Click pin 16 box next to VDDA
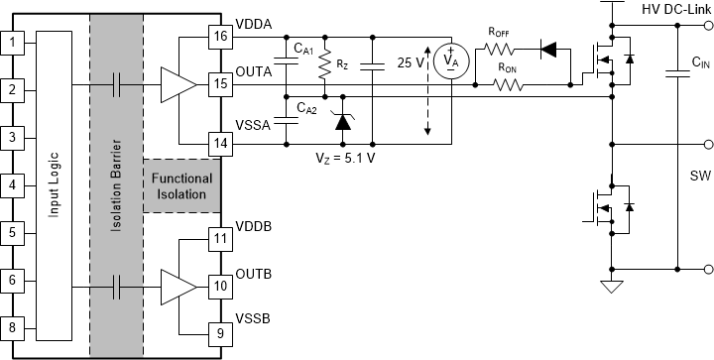(219, 38)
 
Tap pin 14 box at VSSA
(219, 143)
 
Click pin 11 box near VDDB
(219, 237)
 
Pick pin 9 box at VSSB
(219, 332)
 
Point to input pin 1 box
(12, 43)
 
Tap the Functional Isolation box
(179, 185)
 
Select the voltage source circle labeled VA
(452, 60)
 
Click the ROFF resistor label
(498, 31)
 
